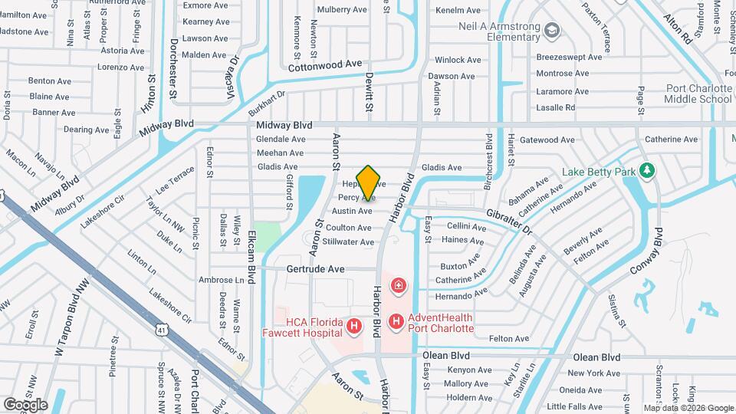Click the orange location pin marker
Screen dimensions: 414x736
coord(368,183)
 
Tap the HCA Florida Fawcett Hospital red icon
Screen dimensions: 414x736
coord(354,327)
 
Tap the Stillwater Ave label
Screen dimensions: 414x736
coord(348,242)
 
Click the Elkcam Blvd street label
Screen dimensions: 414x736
coord(254,252)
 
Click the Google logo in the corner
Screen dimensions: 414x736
coord(25,405)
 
